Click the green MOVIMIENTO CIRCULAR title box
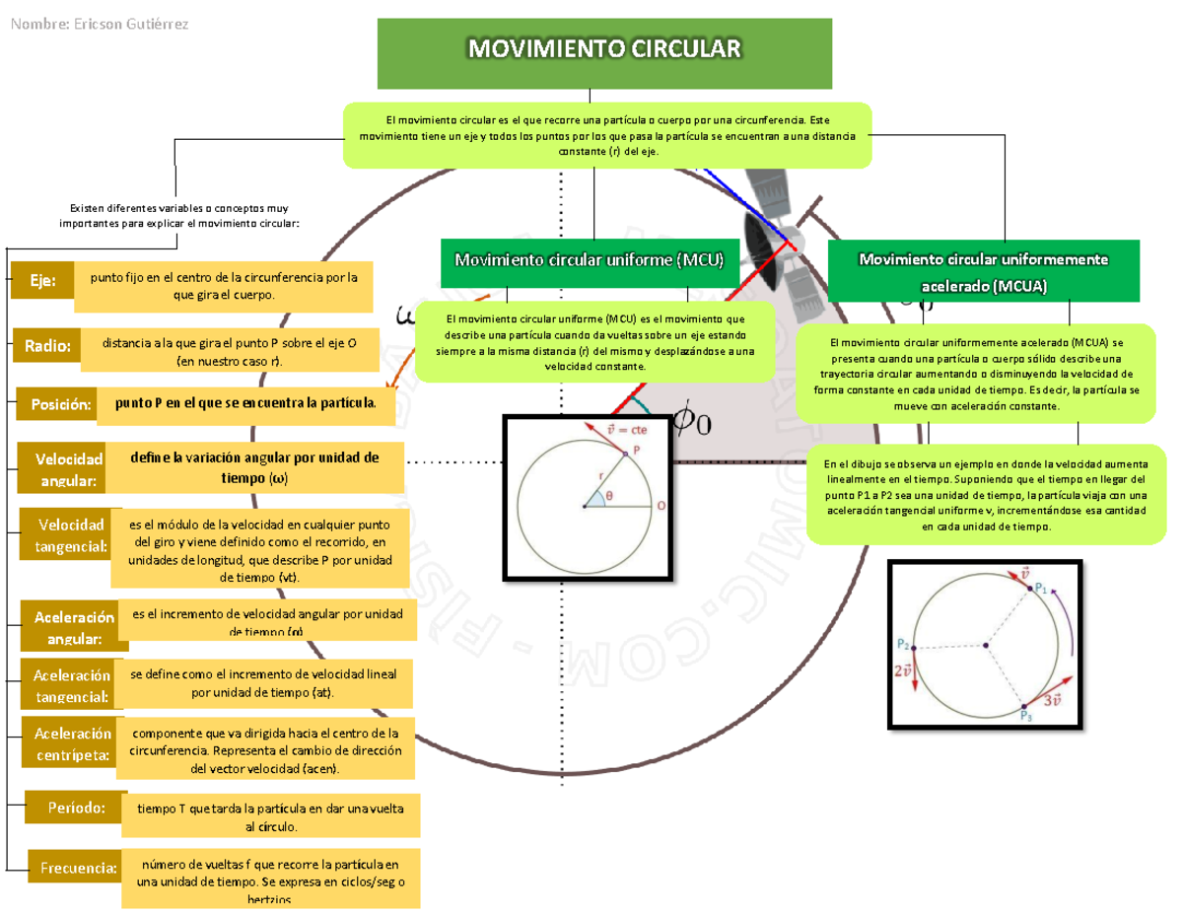(604, 53)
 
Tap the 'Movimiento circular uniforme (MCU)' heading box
(589, 260)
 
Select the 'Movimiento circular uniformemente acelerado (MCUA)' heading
(984, 271)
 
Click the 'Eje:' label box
(42, 281)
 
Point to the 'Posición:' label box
(57, 404)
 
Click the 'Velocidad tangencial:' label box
(66, 534)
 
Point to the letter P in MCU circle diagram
(637, 449)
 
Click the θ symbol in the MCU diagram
(609, 496)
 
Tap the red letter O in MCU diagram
(661, 505)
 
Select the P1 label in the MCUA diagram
(1041, 589)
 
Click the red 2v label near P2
(903, 671)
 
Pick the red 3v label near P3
(1053, 698)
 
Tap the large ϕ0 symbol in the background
(690, 421)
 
